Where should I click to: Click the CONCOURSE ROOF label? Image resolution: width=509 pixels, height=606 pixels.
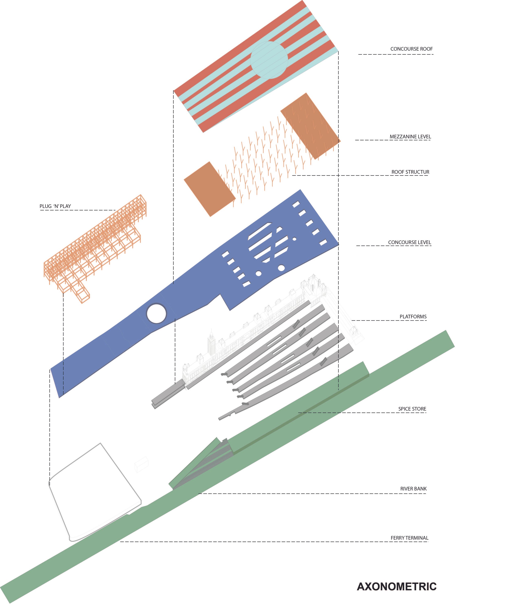click(411, 49)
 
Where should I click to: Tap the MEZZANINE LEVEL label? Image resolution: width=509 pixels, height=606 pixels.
click(410, 137)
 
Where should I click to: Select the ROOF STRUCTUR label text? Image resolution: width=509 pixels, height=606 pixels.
click(410, 172)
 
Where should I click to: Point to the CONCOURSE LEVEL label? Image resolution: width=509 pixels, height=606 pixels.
click(410, 242)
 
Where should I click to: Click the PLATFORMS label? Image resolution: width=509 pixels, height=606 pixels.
click(413, 317)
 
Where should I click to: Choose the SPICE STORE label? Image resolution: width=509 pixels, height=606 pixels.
click(412, 409)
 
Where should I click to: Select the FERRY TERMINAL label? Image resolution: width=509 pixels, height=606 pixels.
click(410, 538)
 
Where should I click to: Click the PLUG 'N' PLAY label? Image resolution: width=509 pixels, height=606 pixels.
click(55, 206)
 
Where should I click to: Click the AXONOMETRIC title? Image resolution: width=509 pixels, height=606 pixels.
click(397, 587)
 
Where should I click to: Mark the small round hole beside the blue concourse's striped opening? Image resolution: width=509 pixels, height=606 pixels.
click(294, 239)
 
